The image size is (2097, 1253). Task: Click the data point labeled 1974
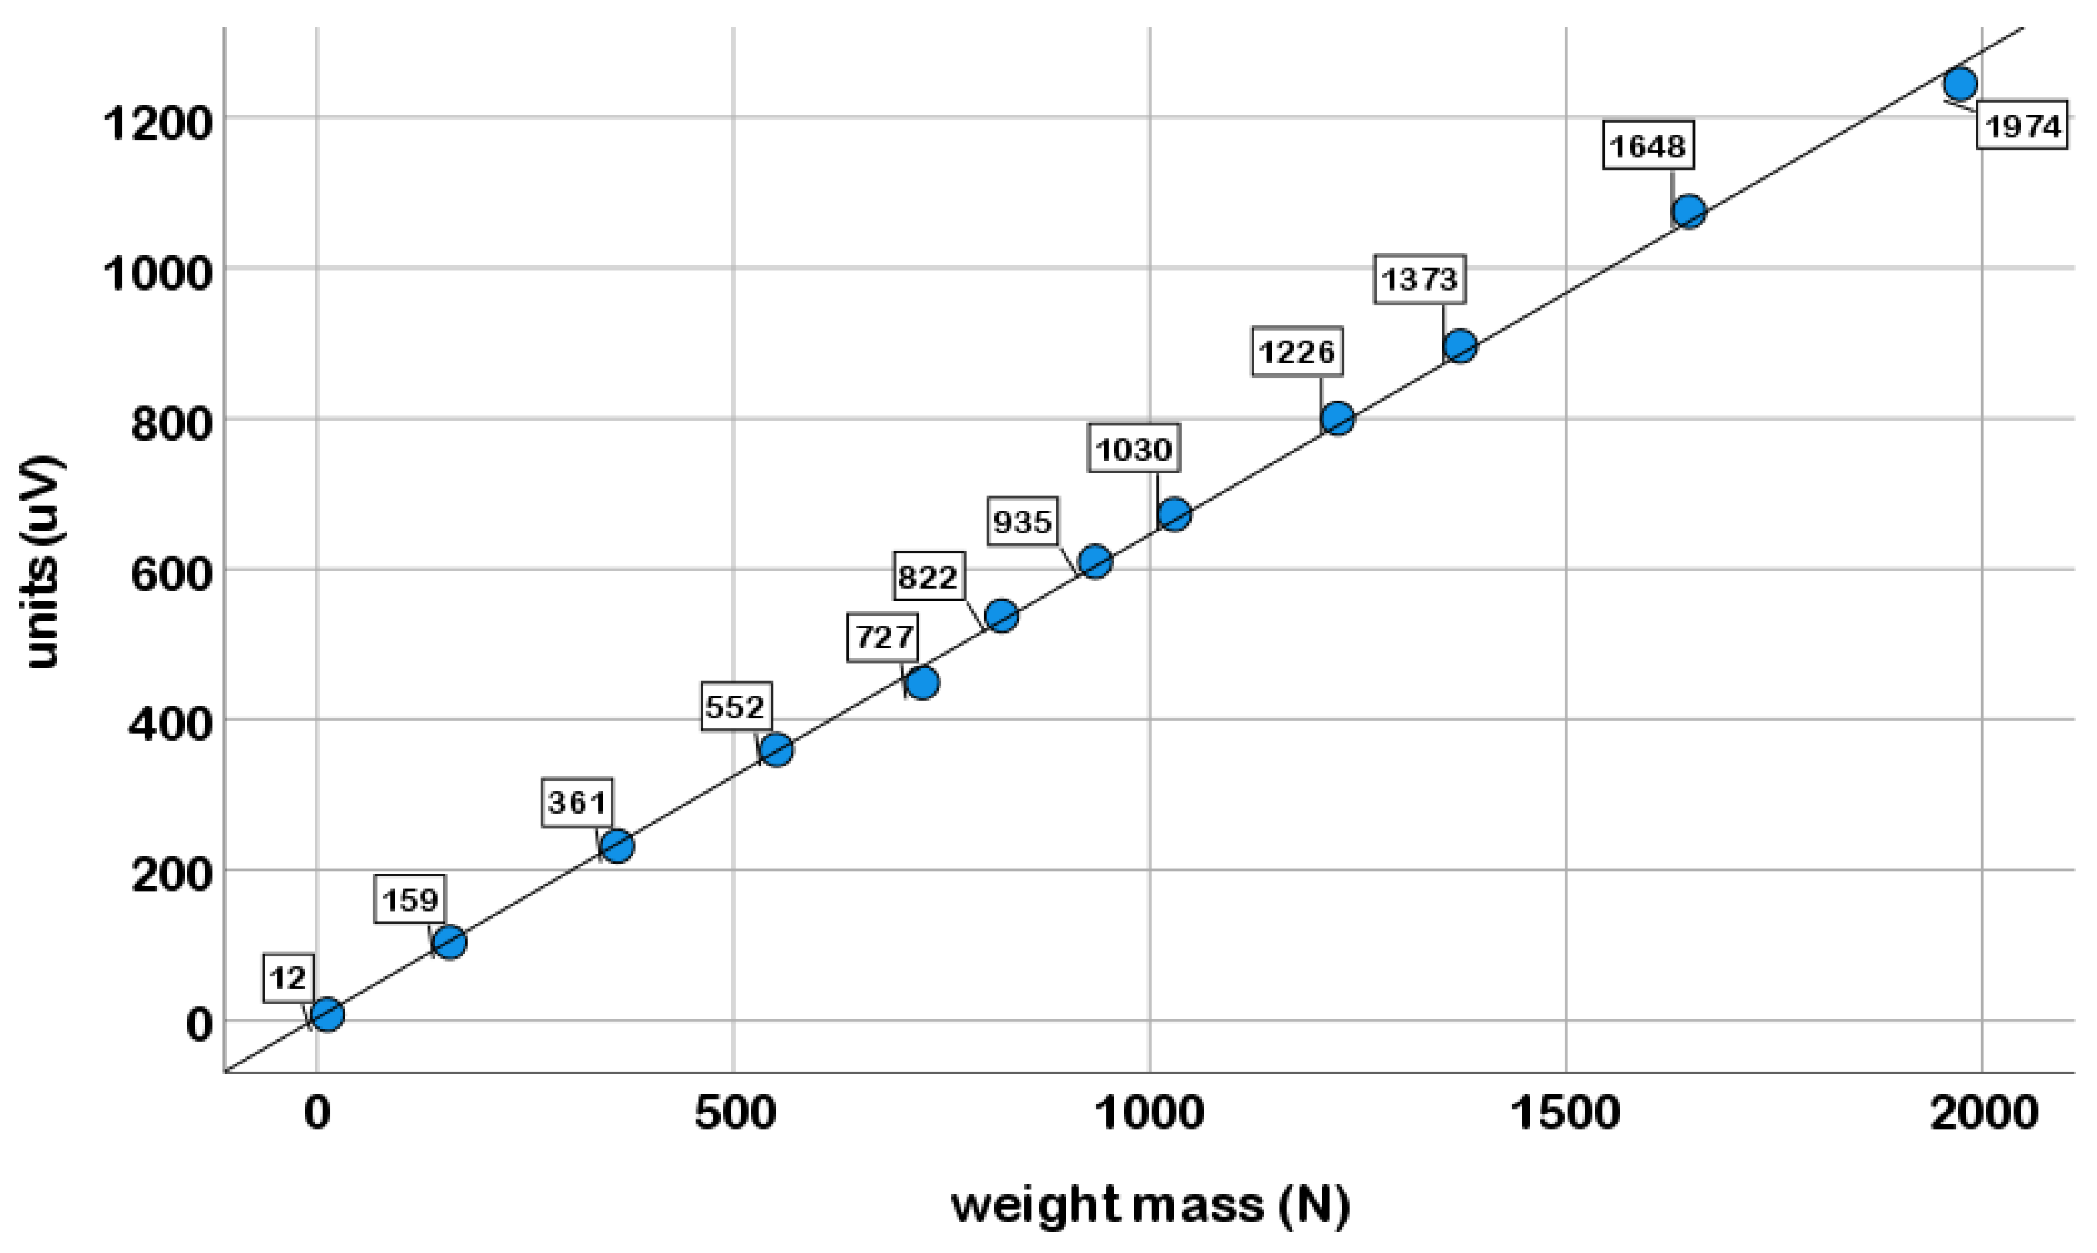1960,83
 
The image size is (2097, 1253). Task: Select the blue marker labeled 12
327,1014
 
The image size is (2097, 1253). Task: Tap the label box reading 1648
1648,146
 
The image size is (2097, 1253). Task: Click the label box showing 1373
1419,279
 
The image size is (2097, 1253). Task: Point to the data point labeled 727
922,682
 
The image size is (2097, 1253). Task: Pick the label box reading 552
736,706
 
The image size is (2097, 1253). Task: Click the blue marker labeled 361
617,845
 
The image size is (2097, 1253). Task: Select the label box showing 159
411,899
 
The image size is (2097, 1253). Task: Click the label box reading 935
1023,522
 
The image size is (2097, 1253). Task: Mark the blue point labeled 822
1001,616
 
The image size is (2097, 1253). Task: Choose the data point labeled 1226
1337,417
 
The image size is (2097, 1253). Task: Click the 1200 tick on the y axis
156,123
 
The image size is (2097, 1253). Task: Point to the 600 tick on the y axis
169,574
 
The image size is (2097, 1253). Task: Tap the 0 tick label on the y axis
199,1024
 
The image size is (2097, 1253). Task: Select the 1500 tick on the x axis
1564,1113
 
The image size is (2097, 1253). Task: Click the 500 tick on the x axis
734,1113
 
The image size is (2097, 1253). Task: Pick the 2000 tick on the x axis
1983,1113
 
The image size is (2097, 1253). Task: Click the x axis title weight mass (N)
1150,1206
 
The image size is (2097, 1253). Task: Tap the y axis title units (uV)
42,561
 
